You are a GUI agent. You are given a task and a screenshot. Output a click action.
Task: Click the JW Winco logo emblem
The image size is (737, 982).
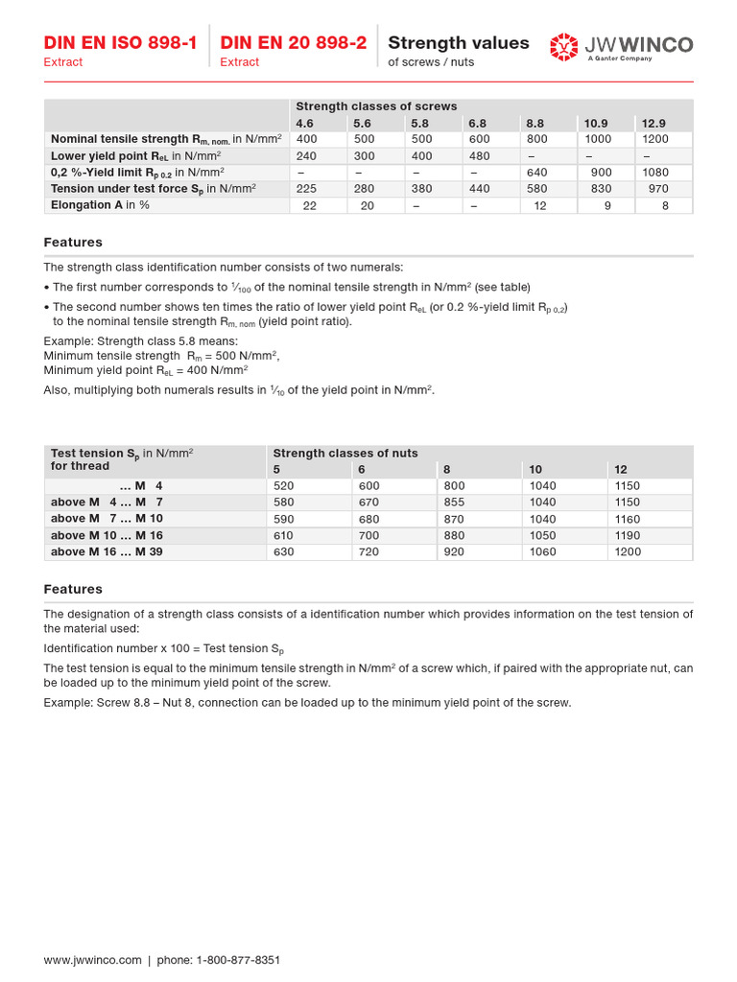[x=563, y=46]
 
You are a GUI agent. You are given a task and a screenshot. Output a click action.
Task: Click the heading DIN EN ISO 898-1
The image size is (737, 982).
[x=120, y=43]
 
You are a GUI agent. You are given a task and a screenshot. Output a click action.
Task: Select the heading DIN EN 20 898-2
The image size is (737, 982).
[x=293, y=43]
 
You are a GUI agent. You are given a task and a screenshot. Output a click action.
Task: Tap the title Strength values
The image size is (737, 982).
[x=458, y=43]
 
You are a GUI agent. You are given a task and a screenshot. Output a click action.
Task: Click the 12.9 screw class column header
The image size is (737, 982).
[x=654, y=123]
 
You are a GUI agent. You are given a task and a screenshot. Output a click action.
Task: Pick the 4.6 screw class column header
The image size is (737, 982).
[x=304, y=123]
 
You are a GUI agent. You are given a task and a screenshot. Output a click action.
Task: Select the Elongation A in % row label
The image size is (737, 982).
[x=100, y=205]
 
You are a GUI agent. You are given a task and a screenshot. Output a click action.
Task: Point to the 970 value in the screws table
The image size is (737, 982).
[x=657, y=189]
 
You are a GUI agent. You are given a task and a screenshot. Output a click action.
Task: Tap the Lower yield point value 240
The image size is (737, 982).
[x=306, y=155]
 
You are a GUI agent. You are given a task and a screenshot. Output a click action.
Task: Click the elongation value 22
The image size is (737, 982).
[x=309, y=205]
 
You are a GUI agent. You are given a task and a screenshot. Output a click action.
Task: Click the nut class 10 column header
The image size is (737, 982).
[x=535, y=469]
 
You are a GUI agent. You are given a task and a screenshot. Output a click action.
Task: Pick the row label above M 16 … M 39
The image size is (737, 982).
[x=107, y=551]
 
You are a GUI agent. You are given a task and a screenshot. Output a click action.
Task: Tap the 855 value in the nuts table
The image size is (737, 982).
[x=454, y=503]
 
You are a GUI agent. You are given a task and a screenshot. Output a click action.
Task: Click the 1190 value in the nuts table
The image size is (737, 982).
[x=627, y=535]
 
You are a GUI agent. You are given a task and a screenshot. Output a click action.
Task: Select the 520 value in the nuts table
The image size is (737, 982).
[x=284, y=486]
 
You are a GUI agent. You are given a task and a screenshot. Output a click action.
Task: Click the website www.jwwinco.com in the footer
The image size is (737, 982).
[x=92, y=960]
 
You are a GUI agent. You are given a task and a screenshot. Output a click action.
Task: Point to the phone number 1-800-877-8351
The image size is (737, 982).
[x=237, y=960]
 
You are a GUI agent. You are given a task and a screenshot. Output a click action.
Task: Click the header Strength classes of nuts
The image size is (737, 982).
[x=345, y=453]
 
